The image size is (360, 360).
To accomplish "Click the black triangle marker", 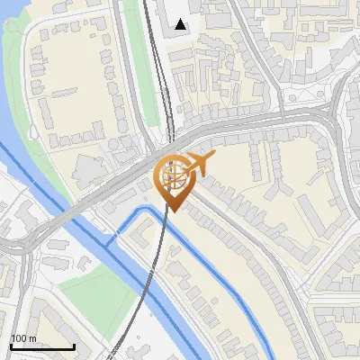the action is [181, 24].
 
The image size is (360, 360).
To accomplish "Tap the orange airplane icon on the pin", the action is [198, 164].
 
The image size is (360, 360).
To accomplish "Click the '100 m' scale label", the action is [23, 338].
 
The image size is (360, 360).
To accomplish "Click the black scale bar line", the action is [41, 346].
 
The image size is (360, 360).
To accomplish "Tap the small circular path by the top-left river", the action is [12, 24].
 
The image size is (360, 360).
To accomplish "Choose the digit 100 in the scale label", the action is [18, 338].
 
